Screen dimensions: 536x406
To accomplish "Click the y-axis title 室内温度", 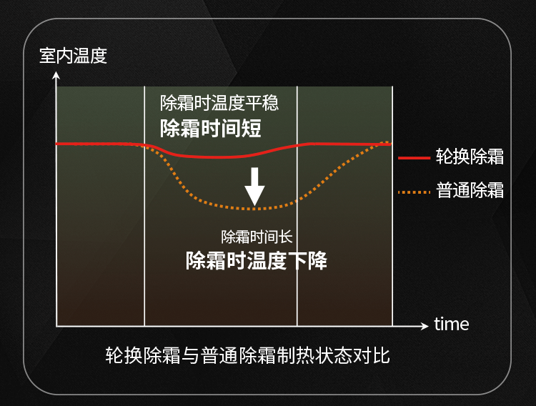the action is pyautogui.click(x=73, y=56).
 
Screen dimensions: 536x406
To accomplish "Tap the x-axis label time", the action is pyautogui.click(x=451, y=324).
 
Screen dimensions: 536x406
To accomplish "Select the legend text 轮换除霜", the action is pyautogui.click(x=470, y=157).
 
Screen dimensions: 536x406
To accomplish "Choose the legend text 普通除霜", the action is pyautogui.click(x=470, y=190).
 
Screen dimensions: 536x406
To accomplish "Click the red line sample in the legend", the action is pyautogui.click(x=414, y=158).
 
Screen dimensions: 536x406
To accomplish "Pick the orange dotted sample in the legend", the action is pyautogui.click(x=414, y=192).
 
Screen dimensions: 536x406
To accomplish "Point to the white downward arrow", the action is pyautogui.click(x=254, y=187).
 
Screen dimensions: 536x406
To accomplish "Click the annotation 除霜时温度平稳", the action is pyautogui.click(x=219, y=103).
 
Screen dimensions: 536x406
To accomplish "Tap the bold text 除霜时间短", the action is pyautogui.click(x=211, y=128).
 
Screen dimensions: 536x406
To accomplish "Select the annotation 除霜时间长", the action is pyautogui.click(x=257, y=237).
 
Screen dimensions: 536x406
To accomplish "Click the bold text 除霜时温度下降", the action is pyautogui.click(x=257, y=261).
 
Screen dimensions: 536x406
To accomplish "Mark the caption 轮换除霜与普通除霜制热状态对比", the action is pyautogui.click(x=247, y=355).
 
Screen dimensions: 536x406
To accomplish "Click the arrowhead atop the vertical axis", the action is pyautogui.click(x=56, y=75).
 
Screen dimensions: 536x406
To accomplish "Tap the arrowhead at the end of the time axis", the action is pyautogui.click(x=425, y=326).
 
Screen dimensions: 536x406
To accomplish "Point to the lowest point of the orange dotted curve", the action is pyautogui.click(x=254, y=208).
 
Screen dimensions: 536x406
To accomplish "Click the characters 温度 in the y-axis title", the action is pyautogui.click(x=90, y=56).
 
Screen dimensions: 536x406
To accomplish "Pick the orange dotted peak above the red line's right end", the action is pyautogui.click(x=387, y=142).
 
